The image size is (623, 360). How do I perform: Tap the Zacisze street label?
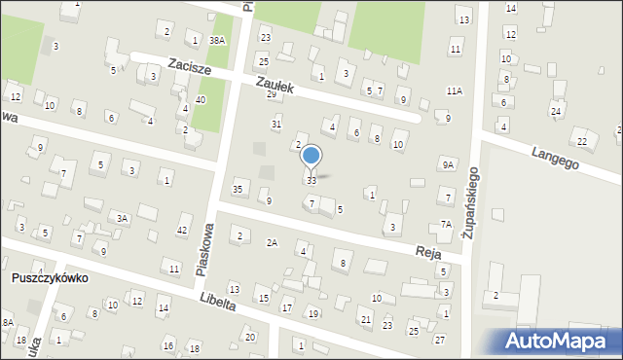tap(191, 65)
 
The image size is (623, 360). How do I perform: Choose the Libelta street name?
tap(215, 303)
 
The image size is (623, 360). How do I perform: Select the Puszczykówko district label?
tap(51, 277)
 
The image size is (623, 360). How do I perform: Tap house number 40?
tap(200, 100)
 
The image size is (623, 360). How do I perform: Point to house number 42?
tap(182, 230)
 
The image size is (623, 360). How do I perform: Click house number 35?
tap(238, 188)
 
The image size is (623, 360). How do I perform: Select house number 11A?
tap(454, 90)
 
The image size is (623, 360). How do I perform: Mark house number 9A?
tap(447, 165)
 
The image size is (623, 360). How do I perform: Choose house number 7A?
tap(446, 224)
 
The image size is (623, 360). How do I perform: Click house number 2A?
tap(272, 243)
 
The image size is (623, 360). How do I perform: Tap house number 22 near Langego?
tap(581, 142)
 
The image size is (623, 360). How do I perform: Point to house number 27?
tap(440, 339)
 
